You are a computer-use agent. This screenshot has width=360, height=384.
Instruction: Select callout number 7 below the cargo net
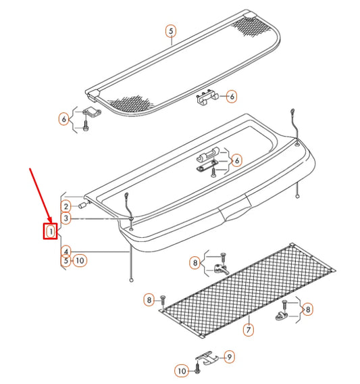pos(248,330)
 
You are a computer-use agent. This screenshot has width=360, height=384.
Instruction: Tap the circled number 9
pos(229,356)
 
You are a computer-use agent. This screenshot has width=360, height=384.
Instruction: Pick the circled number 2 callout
pos(66,206)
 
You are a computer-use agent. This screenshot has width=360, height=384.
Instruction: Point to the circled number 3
pos(66,218)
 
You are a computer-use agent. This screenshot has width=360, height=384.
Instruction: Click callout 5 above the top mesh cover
pos(170,30)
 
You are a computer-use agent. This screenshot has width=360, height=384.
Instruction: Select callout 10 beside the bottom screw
pos(182,370)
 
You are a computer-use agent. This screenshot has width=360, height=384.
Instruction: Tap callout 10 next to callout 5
pos(80,260)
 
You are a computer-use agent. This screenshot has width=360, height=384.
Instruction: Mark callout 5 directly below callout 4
pos(66,260)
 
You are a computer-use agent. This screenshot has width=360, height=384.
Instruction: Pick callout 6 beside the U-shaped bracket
pos(231,97)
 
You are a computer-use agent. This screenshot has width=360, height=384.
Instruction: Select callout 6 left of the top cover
pos(63,119)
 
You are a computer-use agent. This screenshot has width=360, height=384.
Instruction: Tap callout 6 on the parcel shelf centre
pos(236,160)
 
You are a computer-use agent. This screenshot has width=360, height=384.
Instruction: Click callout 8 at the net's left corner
pos(149,299)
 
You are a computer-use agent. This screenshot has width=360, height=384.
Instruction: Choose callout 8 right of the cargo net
pos(308,310)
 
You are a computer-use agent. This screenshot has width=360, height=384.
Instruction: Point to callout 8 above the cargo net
pos(195,262)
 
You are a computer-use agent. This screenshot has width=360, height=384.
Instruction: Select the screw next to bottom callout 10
pos(197,369)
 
